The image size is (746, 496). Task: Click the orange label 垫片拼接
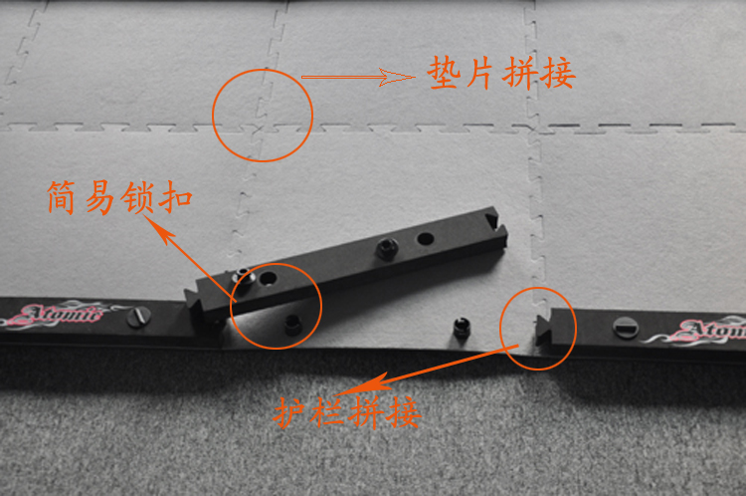501,73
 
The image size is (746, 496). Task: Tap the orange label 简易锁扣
119,197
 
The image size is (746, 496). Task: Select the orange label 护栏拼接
347,412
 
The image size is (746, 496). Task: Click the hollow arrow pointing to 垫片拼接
358,77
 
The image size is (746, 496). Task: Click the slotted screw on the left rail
139,316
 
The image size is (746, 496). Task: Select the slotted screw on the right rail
626,328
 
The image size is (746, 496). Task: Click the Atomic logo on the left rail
57,315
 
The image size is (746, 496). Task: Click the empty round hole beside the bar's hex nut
425,238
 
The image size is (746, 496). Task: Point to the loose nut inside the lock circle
293,325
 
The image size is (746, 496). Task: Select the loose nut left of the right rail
462,328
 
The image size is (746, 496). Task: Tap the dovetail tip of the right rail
544,330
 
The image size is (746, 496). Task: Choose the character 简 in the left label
62,197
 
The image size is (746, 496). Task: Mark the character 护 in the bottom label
288,412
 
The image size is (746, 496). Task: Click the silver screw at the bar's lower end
243,276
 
